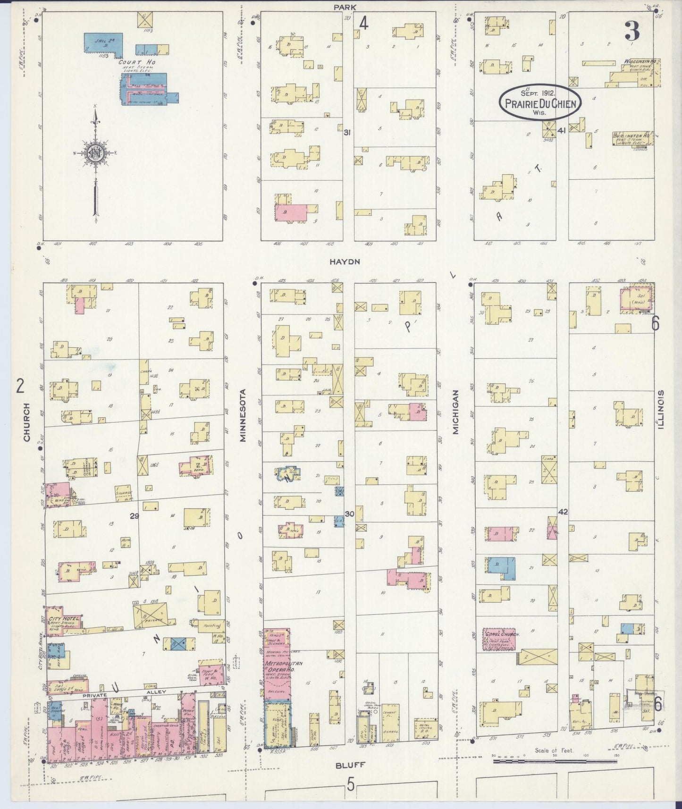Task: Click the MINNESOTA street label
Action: tap(243, 415)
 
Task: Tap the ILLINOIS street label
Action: tap(661, 410)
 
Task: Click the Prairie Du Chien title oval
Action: tap(541, 101)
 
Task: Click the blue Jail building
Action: tap(103, 42)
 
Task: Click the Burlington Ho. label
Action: tap(632, 135)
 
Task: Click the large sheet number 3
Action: tap(632, 32)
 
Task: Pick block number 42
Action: tap(563, 512)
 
